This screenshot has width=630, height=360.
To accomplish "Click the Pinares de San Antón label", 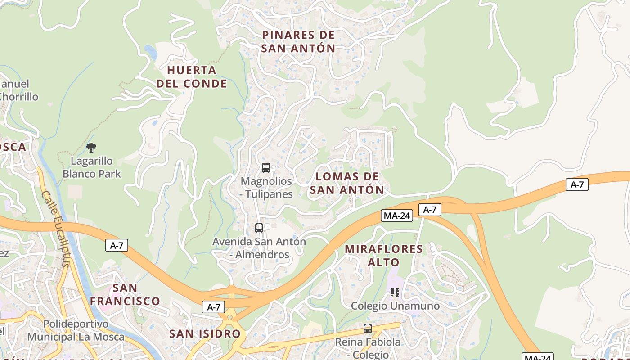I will tap(298, 41).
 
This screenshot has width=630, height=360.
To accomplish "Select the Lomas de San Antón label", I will tap(347, 183).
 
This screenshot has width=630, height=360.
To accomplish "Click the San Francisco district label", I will tap(125, 294).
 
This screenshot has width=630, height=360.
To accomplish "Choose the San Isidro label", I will tap(205, 333).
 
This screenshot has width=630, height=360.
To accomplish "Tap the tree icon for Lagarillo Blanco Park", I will tap(91, 147).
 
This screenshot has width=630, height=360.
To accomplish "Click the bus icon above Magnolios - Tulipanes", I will tap(266, 168).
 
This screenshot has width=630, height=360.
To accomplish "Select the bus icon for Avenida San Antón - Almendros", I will tap(259, 228).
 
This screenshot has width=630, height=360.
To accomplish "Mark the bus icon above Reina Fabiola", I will tap(368, 328).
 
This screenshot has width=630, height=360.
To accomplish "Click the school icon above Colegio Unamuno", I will tap(395, 292).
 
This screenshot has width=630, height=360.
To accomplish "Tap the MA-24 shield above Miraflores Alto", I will tap(396, 216).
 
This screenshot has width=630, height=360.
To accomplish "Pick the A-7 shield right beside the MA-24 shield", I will tap(430, 209).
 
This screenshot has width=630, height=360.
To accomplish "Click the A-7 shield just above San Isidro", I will tap(214, 307).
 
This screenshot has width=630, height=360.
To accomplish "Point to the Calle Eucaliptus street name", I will tap(56, 229).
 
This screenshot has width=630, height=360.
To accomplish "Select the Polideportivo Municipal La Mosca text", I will tap(76, 330).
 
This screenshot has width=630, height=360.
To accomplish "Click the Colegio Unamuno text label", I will tap(395, 306).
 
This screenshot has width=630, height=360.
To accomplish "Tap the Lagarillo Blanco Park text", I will tap(92, 167).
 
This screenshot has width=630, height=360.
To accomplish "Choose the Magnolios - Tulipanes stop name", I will tap(267, 188).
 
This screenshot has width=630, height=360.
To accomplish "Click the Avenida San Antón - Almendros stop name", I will tap(259, 248).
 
